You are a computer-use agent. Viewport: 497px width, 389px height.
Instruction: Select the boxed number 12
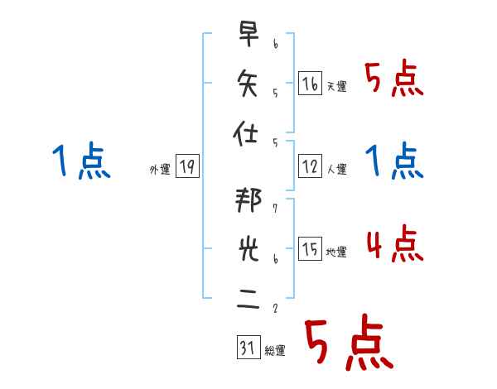[310, 166]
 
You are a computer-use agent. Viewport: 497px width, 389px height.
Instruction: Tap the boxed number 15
[310, 248]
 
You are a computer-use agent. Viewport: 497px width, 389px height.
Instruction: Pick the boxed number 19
[187, 166]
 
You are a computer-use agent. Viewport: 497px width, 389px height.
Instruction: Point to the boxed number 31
[247, 349]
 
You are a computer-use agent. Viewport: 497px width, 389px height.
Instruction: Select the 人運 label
[336, 170]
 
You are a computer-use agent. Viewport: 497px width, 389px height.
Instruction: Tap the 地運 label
[336, 252]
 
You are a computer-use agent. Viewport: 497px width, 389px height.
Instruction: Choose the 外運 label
[160, 170]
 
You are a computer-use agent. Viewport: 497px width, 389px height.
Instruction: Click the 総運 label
[274, 351]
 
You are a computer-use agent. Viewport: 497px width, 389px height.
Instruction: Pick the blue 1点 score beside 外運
[80, 161]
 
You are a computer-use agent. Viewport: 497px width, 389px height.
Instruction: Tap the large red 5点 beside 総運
[347, 343]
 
